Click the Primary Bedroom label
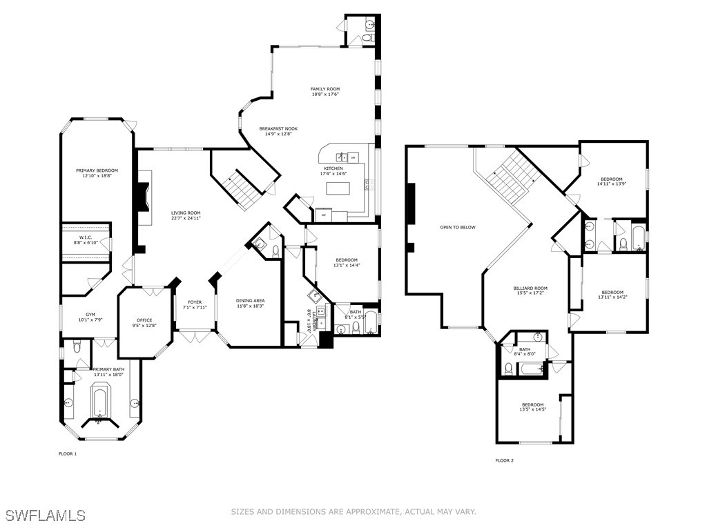[97, 170]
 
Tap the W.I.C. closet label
[86, 238]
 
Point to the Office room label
[144, 320]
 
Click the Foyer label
[195, 302]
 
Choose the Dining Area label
[250, 300]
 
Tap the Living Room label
[186, 213]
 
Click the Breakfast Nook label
[278, 129]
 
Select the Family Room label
[325, 89]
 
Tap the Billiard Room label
[530, 288]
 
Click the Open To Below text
[458, 227]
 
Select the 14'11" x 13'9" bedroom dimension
[612, 184]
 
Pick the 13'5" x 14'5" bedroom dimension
[532, 409]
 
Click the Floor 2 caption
[504, 460]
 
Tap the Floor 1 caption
[67, 453]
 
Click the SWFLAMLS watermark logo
[45, 515]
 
